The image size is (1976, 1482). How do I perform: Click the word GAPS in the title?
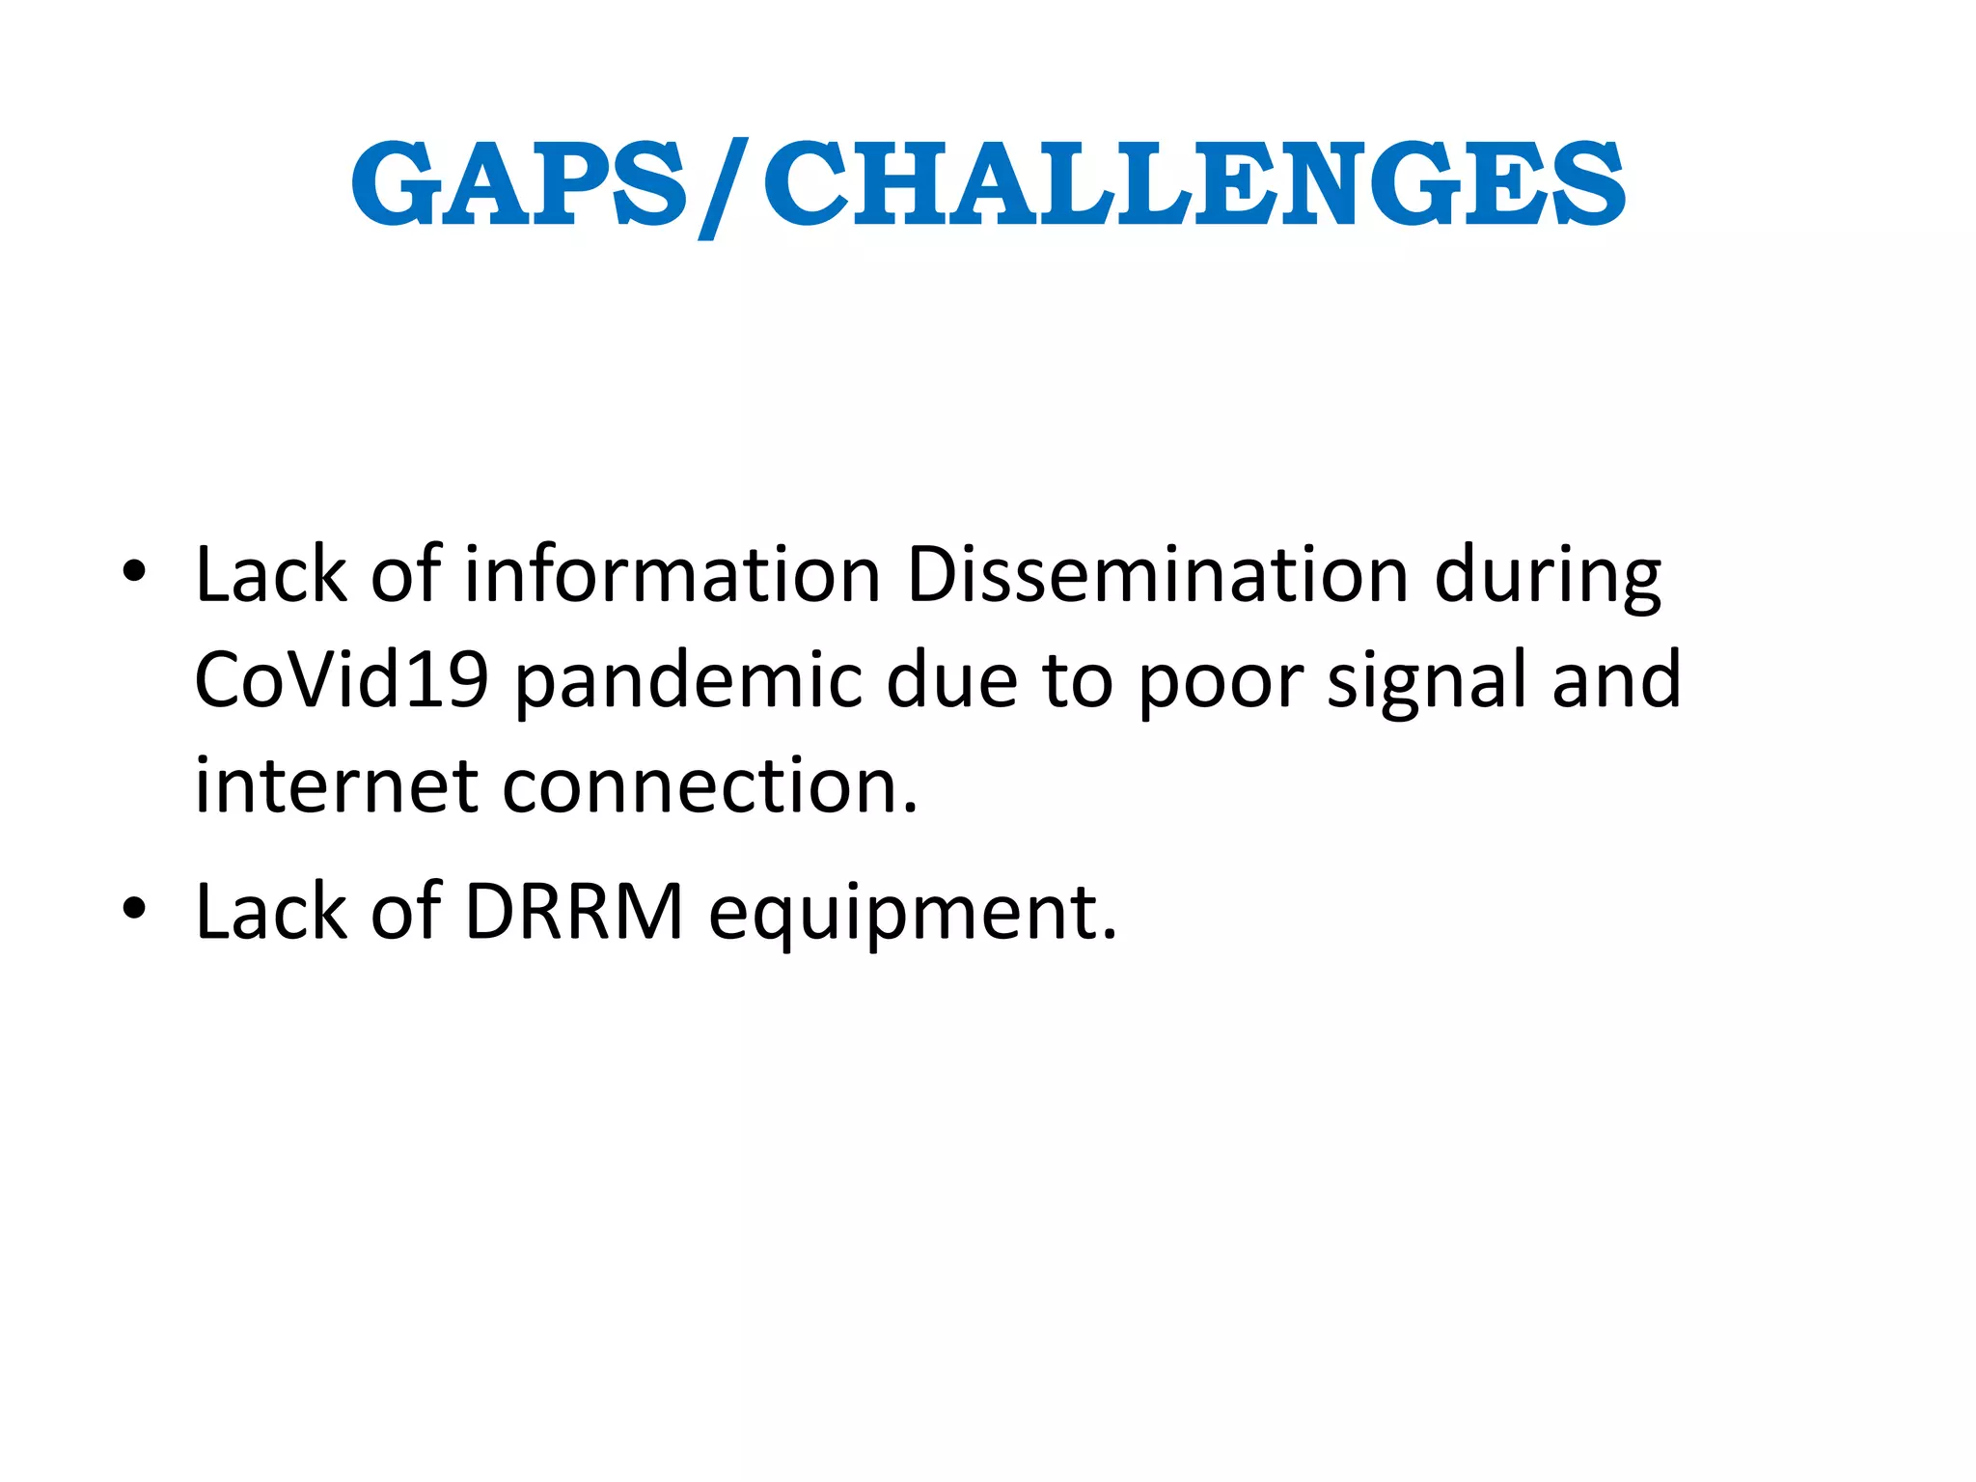click(x=519, y=183)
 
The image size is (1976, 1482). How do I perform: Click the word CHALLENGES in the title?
click(x=1194, y=183)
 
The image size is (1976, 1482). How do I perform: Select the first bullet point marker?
click(x=134, y=571)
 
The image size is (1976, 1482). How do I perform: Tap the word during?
click(x=1547, y=577)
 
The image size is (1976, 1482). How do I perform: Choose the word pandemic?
click(x=688, y=681)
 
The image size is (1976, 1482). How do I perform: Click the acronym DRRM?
click(x=574, y=911)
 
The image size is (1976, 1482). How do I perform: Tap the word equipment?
click(x=912, y=913)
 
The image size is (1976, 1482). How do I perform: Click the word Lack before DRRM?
click(x=271, y=911)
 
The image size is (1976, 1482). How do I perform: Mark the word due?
click(x=951, y=679)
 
